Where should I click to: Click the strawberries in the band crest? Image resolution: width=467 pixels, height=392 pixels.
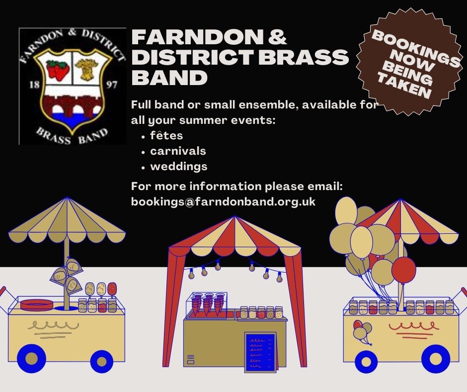tap(58, 70)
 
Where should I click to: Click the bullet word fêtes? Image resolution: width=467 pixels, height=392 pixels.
tap(166, 135)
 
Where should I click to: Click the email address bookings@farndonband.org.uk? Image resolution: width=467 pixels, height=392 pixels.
tap(223, 202)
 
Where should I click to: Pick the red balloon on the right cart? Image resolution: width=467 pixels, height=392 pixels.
tap(403, 269)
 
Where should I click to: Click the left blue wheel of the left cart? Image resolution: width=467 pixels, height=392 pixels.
tap(31, 359)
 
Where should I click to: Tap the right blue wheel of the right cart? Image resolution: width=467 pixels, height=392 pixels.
tap(436, 359)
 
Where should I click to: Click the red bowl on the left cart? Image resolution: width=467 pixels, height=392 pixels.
tap(37, 304)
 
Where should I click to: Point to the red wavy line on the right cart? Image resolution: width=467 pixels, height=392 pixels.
tap(413, 326)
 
